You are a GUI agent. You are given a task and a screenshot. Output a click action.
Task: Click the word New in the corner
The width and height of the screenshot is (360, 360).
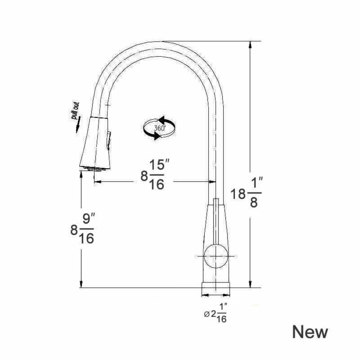(x=310, y=332)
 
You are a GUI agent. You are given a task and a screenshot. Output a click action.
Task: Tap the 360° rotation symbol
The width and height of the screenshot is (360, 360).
(x=159, y=128)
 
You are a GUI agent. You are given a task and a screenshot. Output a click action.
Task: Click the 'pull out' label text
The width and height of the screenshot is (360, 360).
(x=75, y=111)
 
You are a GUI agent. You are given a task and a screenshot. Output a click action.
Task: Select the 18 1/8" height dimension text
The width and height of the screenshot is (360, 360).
(x=246, y=192)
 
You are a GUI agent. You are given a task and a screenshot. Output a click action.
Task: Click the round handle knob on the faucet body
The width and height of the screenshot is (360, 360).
(x=216, y=256)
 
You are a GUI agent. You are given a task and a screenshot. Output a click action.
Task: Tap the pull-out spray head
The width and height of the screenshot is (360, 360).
(x=95, y=144)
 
